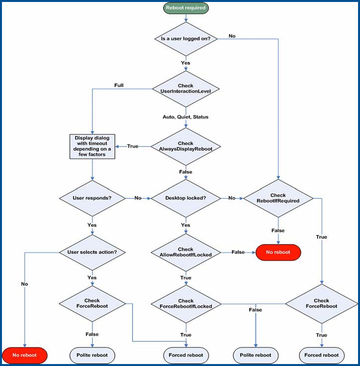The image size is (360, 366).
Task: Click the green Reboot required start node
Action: click(186, 8)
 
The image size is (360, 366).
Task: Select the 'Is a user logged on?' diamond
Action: click(186, 39)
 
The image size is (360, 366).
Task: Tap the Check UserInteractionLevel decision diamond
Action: click(186, 89)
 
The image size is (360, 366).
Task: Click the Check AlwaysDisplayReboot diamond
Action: click(186, 147)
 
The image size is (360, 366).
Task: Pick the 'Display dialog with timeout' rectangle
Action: click(92, 146)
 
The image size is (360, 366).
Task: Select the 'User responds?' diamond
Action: click(92, 198)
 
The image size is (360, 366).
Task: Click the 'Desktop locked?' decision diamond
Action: click(186, 198)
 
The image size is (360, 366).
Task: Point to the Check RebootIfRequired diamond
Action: click(278, 198)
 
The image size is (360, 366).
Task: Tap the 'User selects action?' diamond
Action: click(92, 252)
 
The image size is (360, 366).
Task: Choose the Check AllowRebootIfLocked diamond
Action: click(186, 252)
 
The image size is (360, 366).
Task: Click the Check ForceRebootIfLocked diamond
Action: click(186, 304)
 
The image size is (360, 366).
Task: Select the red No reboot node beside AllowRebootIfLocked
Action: click(278, 252)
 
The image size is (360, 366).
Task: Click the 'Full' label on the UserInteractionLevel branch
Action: click(119, 85)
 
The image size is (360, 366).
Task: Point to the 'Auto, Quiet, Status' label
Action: click(186, 117)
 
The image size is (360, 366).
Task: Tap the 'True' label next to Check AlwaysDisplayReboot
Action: click(132, 146)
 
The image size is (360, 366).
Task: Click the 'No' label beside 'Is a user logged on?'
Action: click(232, 35)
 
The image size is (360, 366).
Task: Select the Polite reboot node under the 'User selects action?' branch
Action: click(92, 355)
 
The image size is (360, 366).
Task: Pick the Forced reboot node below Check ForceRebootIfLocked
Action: click(186, 355)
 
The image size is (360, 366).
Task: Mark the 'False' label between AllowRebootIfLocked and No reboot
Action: click(238, 252)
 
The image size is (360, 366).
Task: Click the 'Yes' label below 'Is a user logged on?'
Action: click(186, 62)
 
